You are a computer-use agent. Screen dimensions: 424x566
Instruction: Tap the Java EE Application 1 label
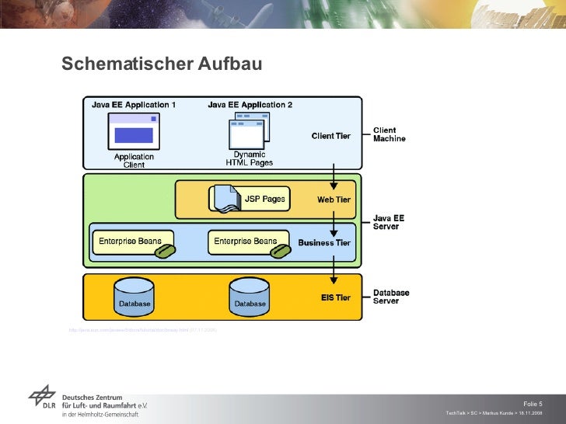coord(134,104)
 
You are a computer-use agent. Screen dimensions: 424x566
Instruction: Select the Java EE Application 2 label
coord(250,104)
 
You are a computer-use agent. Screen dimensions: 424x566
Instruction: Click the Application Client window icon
coord(134,130)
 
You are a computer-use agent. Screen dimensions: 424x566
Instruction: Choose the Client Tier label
coord(331,136)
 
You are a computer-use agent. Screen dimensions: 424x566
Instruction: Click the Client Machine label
coord(390,135)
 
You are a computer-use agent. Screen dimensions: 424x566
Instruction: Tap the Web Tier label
coord(334,200)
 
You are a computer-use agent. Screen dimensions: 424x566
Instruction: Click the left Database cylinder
coord(135,296)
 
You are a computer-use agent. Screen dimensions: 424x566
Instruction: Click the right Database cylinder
coord(250,296)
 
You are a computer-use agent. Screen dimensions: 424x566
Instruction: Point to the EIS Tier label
coord(336,297)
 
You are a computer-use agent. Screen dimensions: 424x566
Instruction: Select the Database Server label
coord(391,297)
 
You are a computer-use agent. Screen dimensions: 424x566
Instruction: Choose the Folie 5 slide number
coord(533,403)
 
